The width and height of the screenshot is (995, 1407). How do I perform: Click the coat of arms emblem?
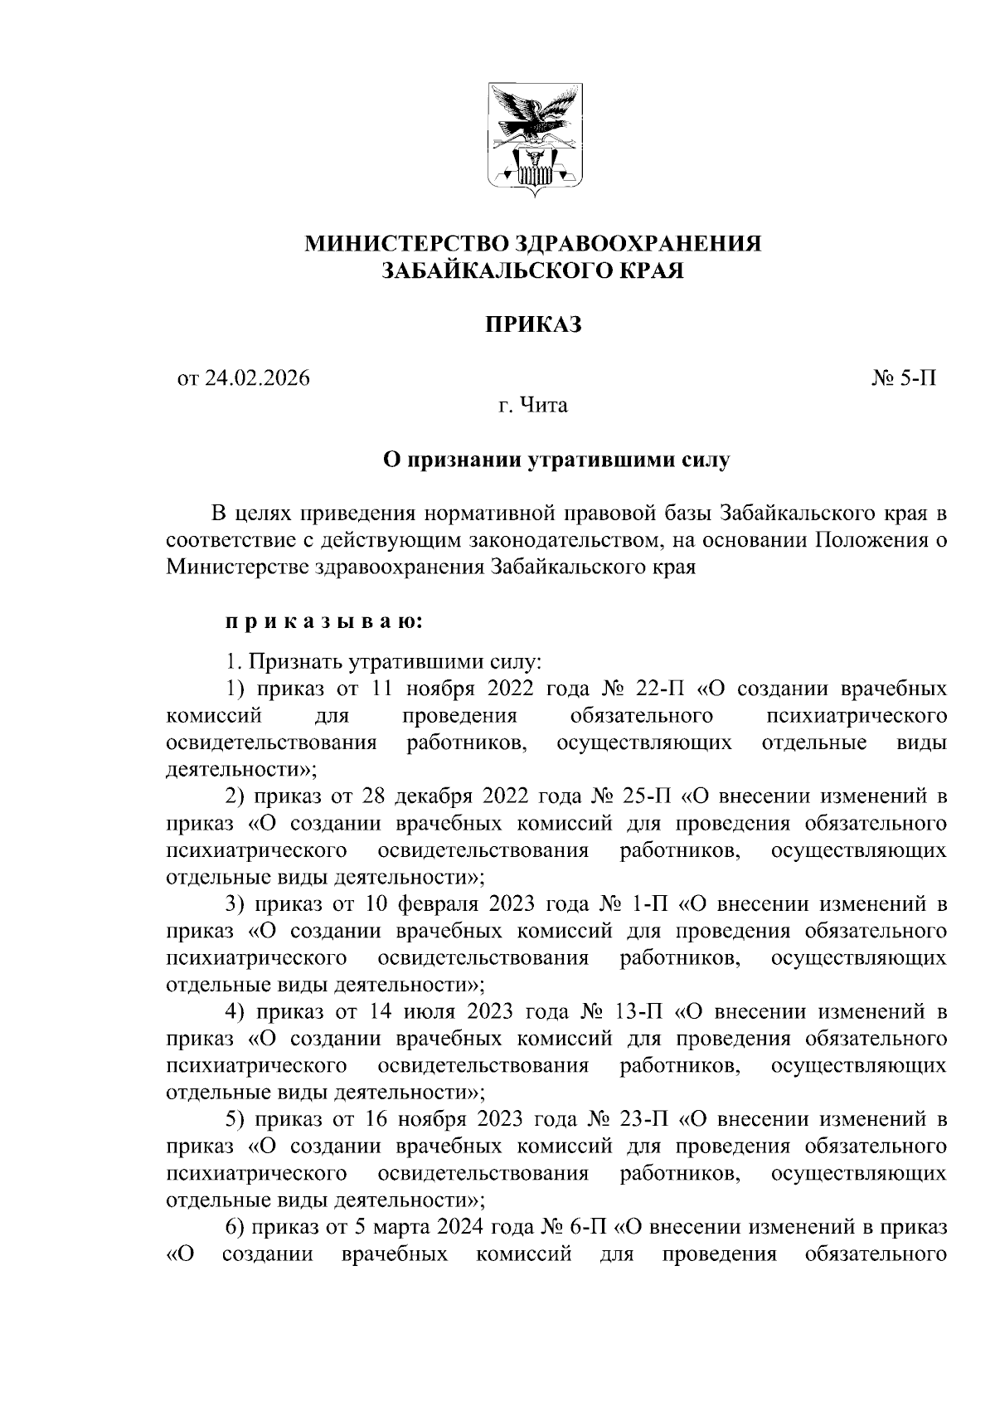(x=533, y=139)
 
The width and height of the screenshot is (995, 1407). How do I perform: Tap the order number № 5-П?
(x=903, y=379)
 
